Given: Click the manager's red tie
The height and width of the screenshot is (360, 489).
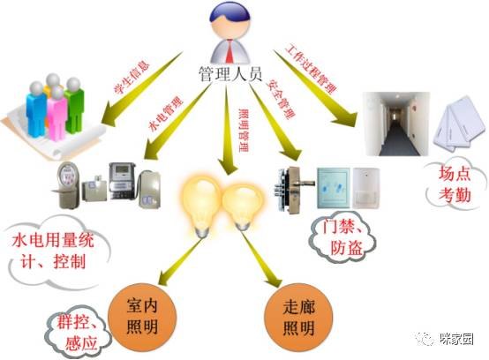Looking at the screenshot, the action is (229, 51).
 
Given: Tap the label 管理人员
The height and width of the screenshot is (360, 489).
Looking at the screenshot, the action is (230, 74).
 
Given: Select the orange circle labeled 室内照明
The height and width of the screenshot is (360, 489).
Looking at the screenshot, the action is (142, 317).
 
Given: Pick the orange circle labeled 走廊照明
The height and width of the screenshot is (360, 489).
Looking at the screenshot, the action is (298, 317).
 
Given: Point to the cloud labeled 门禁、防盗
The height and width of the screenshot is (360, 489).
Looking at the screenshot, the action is (342, 237).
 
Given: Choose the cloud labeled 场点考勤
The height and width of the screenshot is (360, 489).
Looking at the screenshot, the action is (455, 184).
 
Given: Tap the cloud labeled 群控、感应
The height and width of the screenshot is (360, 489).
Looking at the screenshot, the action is (78, 332).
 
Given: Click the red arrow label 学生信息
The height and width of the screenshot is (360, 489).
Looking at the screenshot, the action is (132, 78).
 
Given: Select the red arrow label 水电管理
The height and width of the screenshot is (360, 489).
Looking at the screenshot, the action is (166, 114).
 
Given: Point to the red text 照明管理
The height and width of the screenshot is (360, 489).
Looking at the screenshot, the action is (244, 130).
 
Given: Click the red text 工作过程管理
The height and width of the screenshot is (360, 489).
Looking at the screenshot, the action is (312, 70).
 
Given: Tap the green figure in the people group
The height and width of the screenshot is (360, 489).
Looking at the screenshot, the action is (74, 105).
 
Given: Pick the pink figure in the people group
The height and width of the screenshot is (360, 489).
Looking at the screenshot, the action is (56, 114).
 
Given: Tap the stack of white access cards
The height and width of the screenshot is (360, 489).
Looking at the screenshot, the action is (459, 123).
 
